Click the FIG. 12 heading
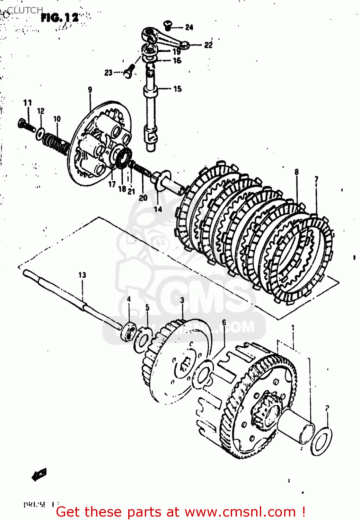[60, 18]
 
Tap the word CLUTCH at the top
[25, 10]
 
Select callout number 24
[189, 27]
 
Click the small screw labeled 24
[168, 24]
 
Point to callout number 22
[208, 45]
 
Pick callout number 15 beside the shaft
[177, 89]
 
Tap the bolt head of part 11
[22, 123]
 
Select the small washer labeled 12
[40, 133]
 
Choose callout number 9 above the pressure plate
[90, 90]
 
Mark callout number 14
[158, 209]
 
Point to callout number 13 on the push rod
[82, 275]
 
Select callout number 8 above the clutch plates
[297, 172]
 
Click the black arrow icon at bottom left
[39, 474]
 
